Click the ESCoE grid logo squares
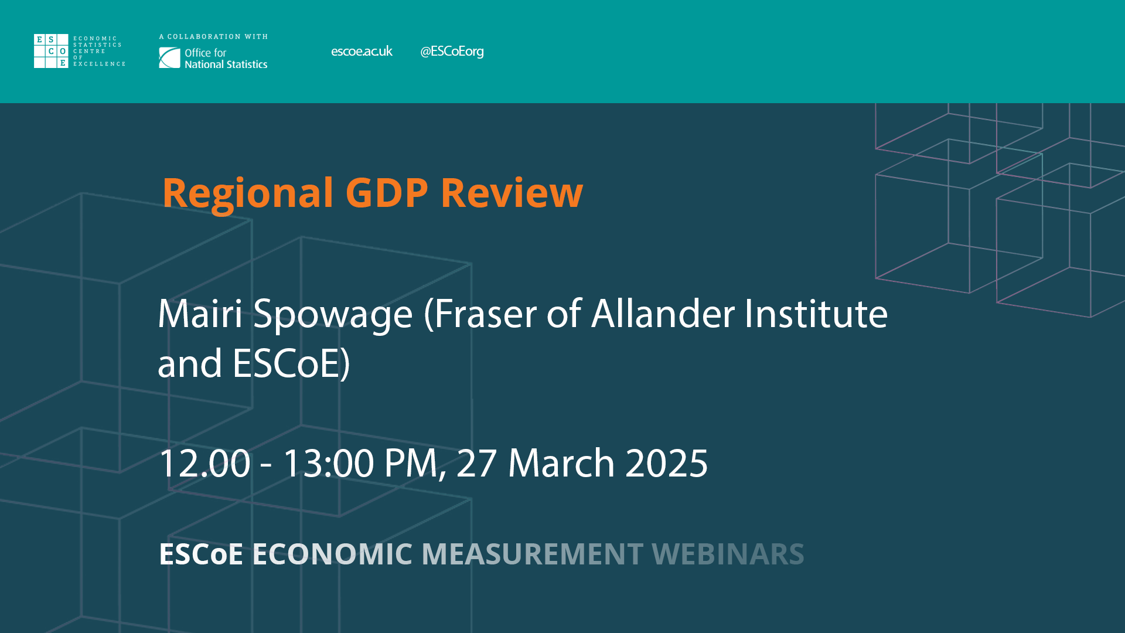point(51,51)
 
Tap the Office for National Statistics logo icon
point(169,58)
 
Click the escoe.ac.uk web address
point(362,52)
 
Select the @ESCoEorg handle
point(452,52)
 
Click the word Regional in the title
point(248,193)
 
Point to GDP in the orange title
point(387,193)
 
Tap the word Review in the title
point(512,193)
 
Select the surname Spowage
point(333,315)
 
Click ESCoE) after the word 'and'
point(291,363)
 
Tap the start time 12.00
point(204,464)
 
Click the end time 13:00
point(328,464)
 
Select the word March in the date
point(561,464)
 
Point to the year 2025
point(667,464)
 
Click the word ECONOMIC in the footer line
point(332,554)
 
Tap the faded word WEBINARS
point(728,554)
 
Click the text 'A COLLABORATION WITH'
point(214,37)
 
